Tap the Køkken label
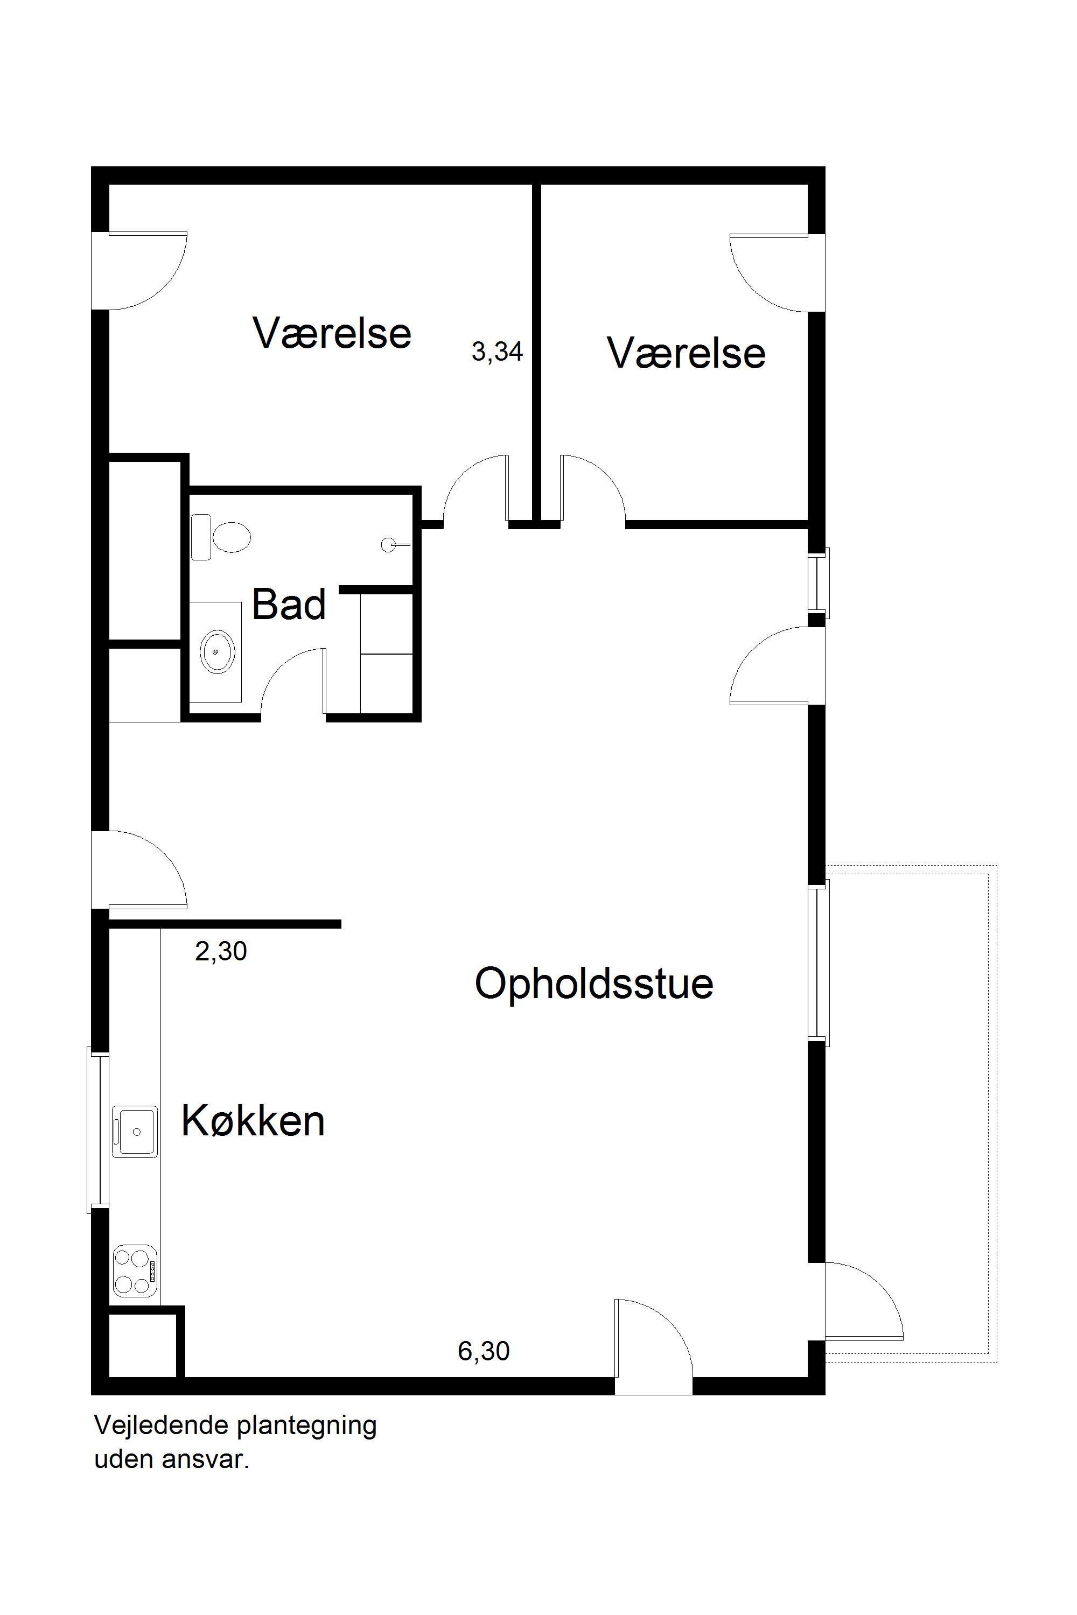(253, 1121)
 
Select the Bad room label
(289, 604)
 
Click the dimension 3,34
(497, 352)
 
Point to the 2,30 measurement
(220, 951)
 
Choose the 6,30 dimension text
(484, 1351)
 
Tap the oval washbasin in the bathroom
(218, 650)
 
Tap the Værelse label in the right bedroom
(686, 353)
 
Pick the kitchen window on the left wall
(98, 1129)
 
